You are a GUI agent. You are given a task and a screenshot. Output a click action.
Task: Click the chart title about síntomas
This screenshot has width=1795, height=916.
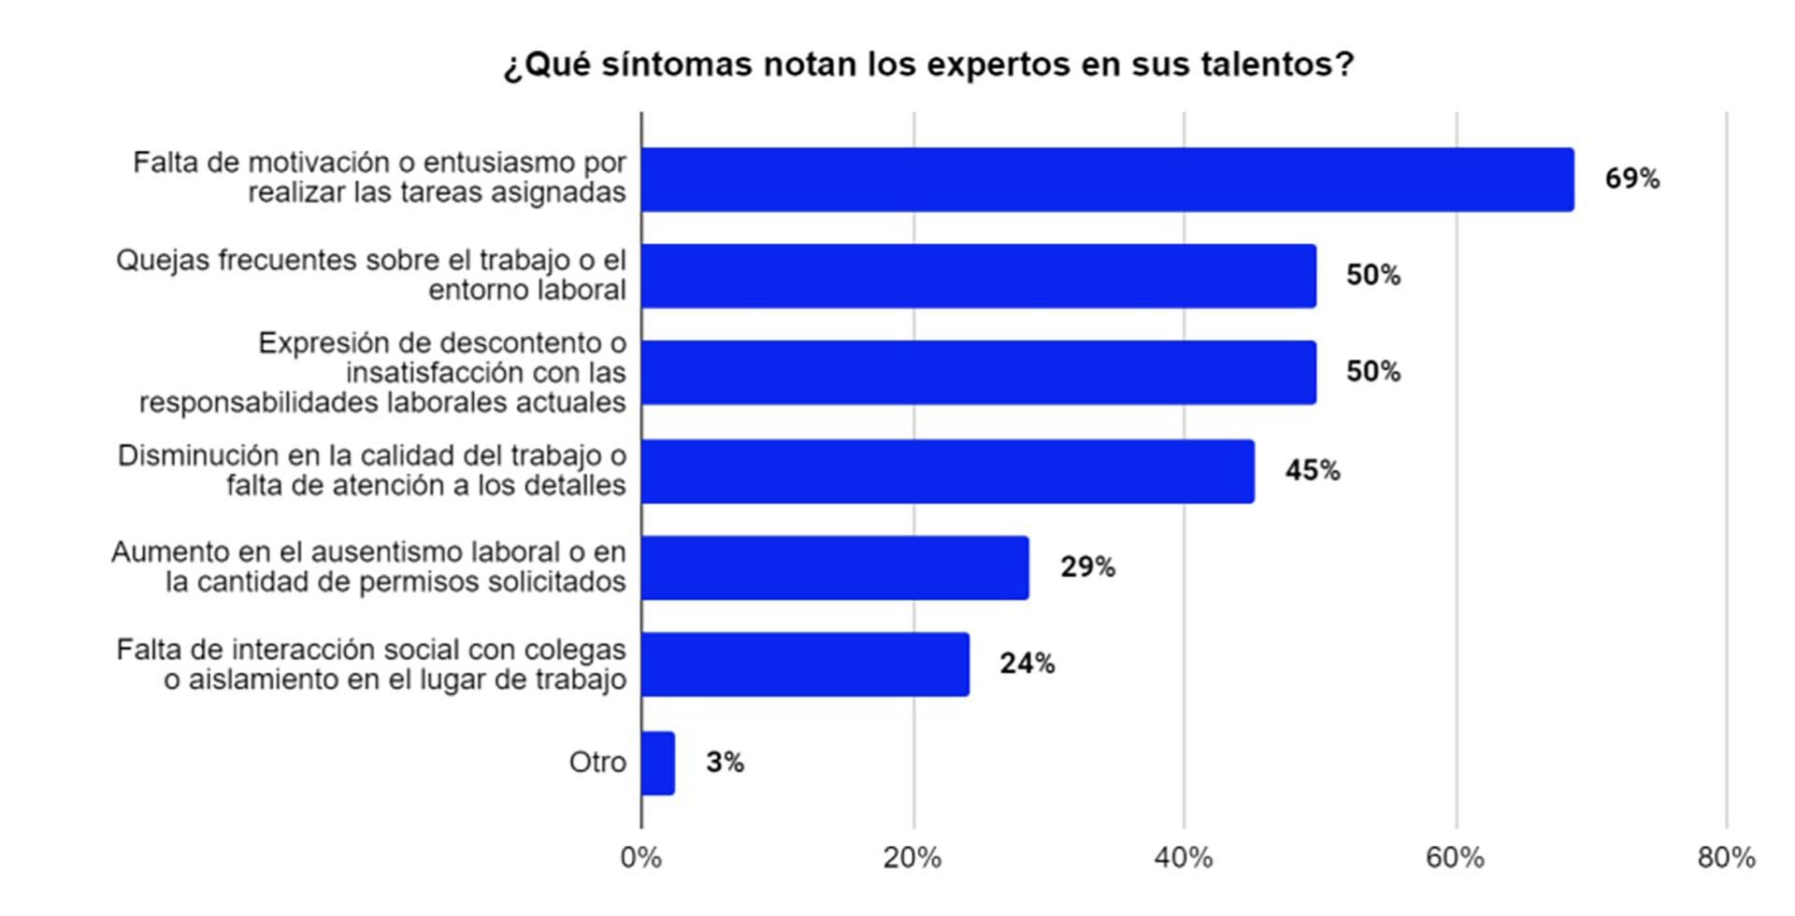click(928, 64)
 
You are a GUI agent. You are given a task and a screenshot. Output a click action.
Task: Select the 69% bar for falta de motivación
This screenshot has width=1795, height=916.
click(1107, 179)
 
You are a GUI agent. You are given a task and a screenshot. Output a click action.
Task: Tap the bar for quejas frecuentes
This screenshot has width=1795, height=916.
click(978, 276)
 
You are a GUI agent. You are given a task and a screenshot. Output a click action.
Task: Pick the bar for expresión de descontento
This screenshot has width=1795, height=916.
click(978, 372)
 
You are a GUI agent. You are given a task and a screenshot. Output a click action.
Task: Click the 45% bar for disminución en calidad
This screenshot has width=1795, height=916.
click(947, 471)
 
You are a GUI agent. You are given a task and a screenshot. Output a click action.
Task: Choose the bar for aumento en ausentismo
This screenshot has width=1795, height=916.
click(835, 567)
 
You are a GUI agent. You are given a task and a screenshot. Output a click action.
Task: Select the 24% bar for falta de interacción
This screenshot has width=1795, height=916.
click(805, 664)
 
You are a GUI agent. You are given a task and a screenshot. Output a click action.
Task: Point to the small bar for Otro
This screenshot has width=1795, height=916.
click(658, 763)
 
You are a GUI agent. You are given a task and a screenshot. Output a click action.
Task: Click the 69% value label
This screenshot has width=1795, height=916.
click(1631, 179)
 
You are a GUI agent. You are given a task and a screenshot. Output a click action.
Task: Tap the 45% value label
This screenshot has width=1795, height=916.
click(1312, 470)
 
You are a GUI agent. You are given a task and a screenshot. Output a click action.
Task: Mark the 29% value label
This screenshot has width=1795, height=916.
click(1087, 566)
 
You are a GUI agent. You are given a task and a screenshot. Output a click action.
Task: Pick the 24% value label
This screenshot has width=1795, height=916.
click(1027, 664)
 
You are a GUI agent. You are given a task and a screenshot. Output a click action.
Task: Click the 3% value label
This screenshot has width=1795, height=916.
click(725, 763)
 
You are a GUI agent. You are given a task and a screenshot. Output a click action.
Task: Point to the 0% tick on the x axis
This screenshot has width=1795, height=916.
click(641, 857)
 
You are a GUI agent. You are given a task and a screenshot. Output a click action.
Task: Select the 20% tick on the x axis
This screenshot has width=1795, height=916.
click(912, 857)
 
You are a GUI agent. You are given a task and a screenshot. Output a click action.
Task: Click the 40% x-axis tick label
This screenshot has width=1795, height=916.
click(1184, 857)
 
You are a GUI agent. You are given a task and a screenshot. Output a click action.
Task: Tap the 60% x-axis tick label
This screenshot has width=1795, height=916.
click(1455, 857)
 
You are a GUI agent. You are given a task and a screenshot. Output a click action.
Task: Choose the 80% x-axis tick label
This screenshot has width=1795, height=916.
click(1726, 857)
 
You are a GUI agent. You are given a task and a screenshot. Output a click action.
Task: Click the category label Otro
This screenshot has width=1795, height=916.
click(597, 763)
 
